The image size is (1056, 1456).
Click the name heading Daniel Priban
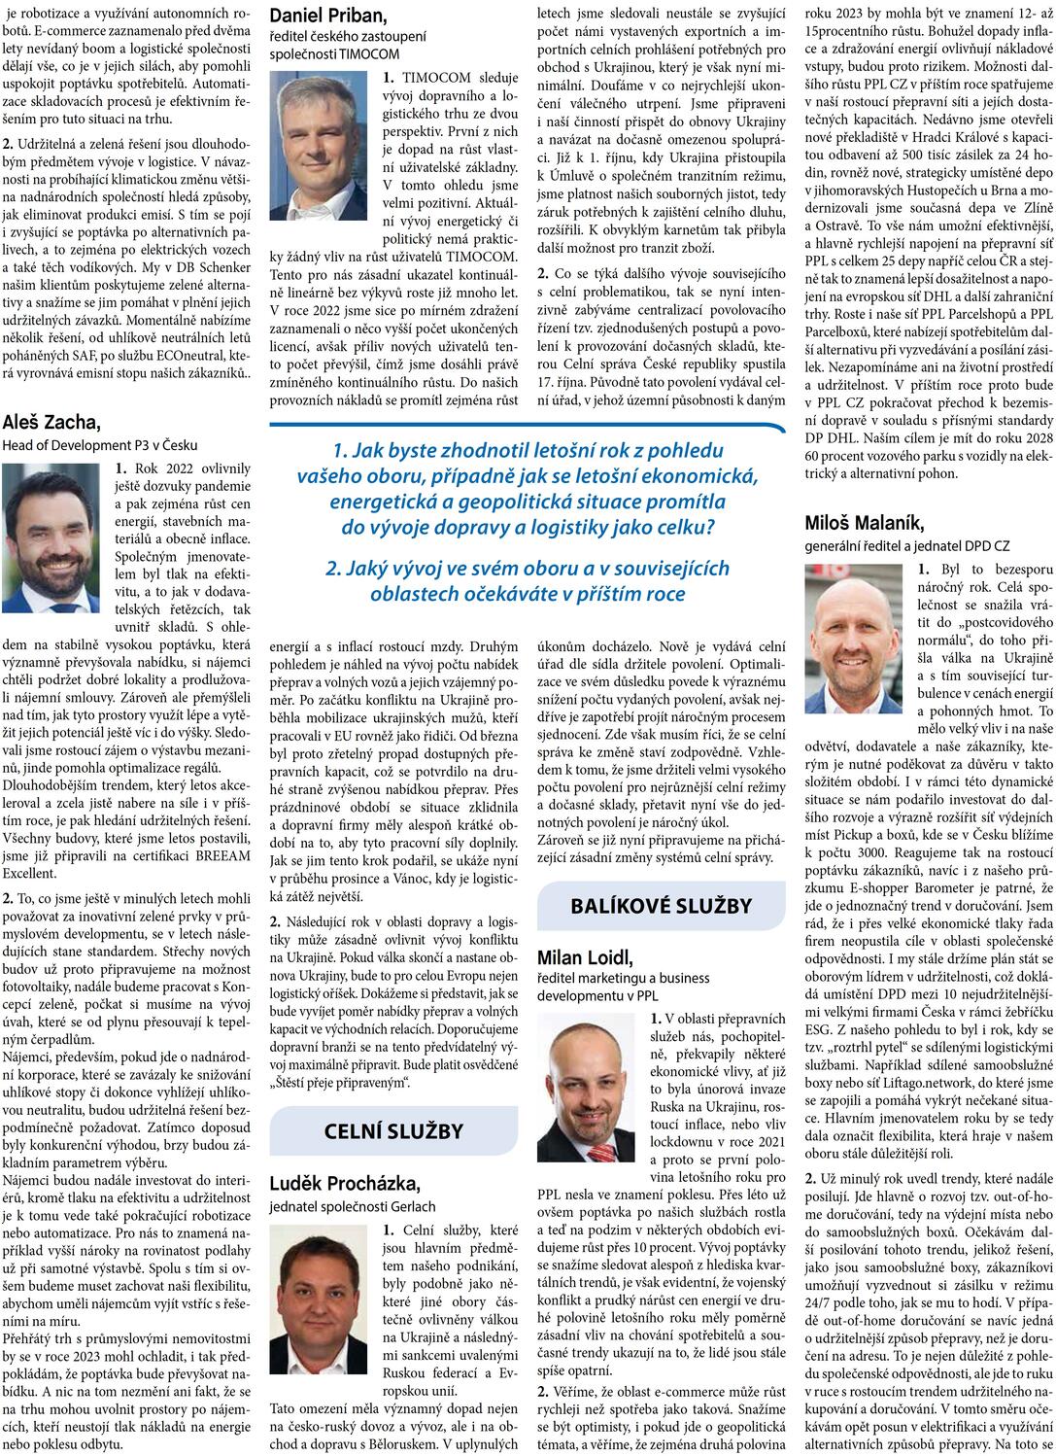[327, 16]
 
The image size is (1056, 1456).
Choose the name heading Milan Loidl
[585, 958]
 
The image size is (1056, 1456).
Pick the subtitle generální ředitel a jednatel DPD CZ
[907, 546]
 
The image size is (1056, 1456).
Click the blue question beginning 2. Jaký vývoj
[528, 580]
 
